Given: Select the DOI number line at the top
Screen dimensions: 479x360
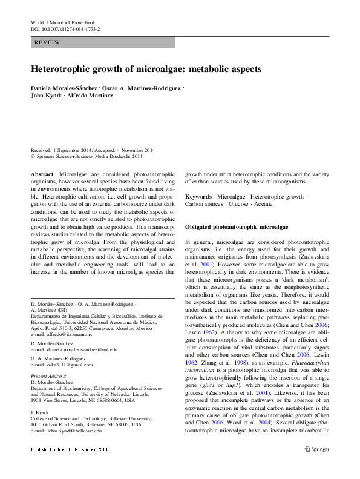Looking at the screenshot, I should pos(65,29).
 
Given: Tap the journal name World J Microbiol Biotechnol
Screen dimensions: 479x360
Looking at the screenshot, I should pos(65,22).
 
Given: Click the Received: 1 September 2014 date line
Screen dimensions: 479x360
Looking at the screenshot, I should pos(61,150).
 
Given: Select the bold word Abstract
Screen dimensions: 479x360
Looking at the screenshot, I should pos(42,174).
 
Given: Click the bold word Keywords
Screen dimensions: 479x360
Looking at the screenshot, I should pos(198,197).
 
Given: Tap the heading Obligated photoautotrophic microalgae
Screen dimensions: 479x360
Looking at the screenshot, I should pos(237,226).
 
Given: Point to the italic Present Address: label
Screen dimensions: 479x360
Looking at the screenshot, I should pos(48,376).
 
